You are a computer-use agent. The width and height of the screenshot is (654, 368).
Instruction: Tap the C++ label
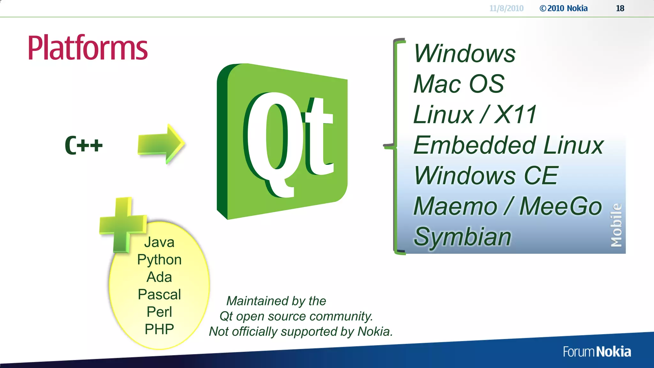point(84,145)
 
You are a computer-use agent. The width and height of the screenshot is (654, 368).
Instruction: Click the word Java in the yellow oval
point(159,242)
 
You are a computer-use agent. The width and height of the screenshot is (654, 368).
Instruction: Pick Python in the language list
point(159,260)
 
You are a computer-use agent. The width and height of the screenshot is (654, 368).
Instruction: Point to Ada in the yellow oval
point(159,277)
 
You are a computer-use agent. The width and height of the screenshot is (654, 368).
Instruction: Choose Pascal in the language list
point(159,295)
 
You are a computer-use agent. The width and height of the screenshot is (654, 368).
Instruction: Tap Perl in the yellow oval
point(159,312)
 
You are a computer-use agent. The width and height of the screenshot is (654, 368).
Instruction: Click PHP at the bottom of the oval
point(159,329)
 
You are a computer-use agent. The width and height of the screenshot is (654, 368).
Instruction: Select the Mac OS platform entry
point(459,84)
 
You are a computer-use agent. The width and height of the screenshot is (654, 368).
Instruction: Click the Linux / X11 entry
point(475,115)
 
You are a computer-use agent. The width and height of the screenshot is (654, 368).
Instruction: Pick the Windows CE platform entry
point(486,176)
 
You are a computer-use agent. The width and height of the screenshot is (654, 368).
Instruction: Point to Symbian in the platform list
point(462,237)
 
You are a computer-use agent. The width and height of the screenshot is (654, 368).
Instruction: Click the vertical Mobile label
point(616,225)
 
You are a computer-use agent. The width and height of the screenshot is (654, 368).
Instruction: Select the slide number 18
point(620,8)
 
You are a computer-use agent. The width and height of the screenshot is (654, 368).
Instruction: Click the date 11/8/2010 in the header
point(506,8)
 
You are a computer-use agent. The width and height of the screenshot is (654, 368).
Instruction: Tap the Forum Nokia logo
point(597,352)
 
